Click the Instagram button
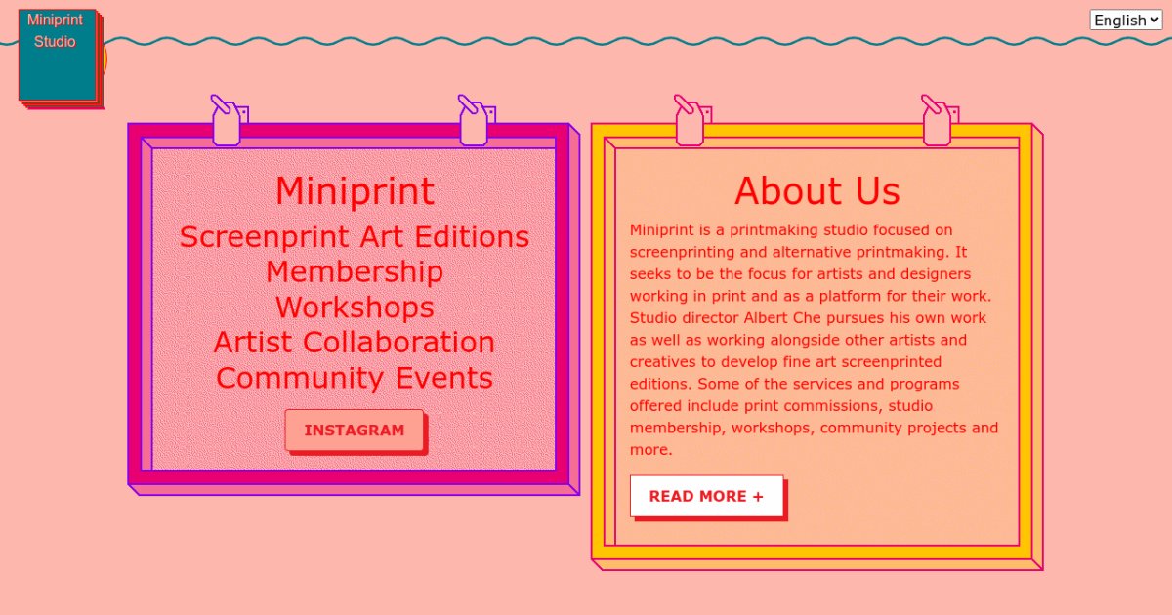[355, 430]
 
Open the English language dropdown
[1126, 20]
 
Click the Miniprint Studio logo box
[58, 55]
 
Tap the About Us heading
[817, 191]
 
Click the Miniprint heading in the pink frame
[355, 191]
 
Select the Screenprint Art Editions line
[355, 237]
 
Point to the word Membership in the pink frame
[355, 272]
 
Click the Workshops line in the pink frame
[355, 307]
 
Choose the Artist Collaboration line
[355, 343]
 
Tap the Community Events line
[355, 378]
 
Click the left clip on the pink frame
[229, 121]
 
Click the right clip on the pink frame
[476, 121]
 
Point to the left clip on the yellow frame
[691, 121]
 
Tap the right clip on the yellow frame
[940, 121]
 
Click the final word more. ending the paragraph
[650, 450]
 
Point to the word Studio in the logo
[55, 41]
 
